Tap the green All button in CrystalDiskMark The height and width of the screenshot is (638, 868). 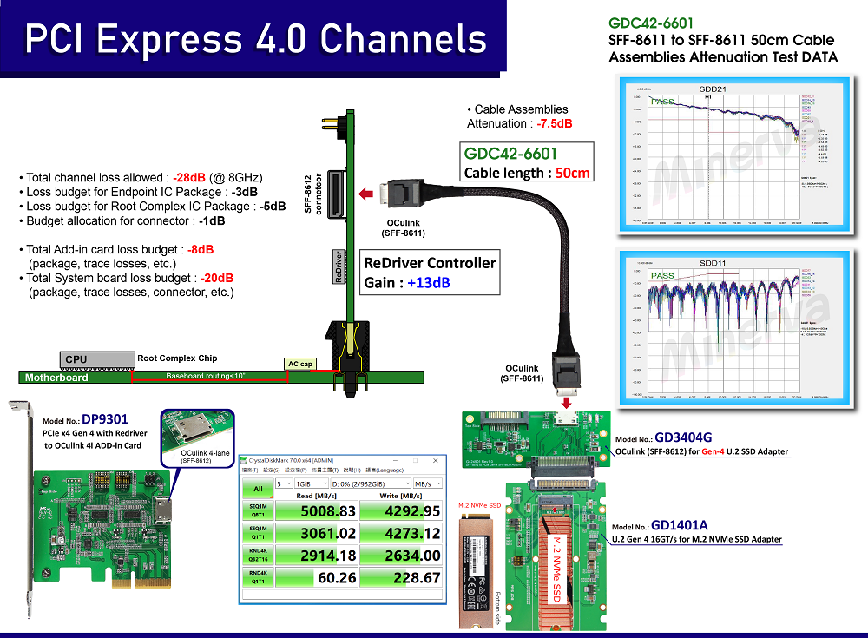tap(257, 489)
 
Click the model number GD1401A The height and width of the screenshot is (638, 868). tap(681, 525)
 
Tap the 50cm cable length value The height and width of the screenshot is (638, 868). tap(573, 173)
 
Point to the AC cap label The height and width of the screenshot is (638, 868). tap(299, 364)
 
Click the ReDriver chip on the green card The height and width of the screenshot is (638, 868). tap(338, 266)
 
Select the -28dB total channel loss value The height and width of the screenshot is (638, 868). tap(188, 177)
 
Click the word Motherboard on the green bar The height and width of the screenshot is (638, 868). tap(56, 378)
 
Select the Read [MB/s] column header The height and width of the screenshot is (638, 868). tap(317, 497)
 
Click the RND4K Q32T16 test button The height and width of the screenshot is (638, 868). tap(257, 555)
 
